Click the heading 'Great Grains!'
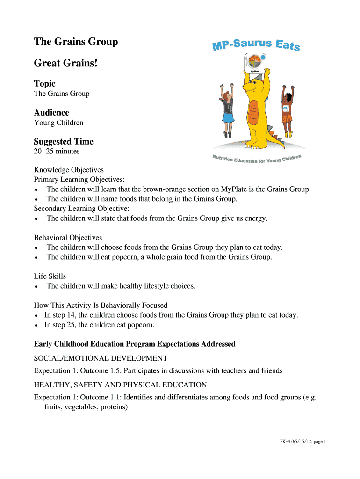point(66,62)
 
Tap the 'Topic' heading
point(44,84)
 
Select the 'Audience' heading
point(51,113)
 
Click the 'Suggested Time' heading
point(64,142)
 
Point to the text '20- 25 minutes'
point(57,152)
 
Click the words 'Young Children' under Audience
point(58,123)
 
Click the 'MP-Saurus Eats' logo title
point(256,45)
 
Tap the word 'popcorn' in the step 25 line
point(140,325)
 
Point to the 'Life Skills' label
point(50,276)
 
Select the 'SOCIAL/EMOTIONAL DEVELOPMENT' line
point(101,358)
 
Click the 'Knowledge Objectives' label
point(69,170)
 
